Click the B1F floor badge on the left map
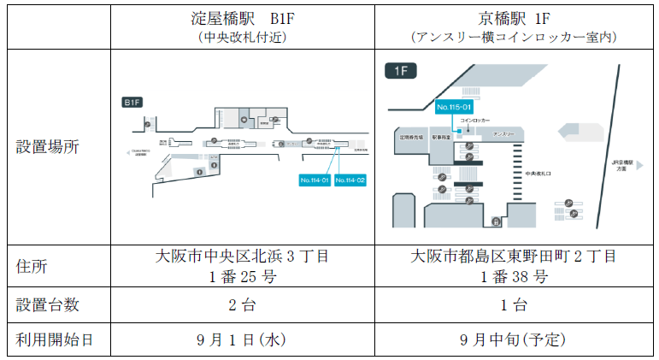pyautogui.click(x=132, y=103)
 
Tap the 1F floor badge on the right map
pyautogui.click(x=401, y=72)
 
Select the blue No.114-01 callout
pyautogui.click(x=315, y=180)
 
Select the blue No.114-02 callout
pyautogui.click(x=350, y=180)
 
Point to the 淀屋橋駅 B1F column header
pyautogui.click(x=242, y=20)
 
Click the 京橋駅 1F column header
pyautogui.click(x=514, y=20)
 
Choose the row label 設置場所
pyautogui.click(x=48, y=146)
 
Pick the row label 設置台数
pyautogui.click(x=48, y=304)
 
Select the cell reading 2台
pyautogui.click(x=242, y=304)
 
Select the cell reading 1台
pyautogui.click(x=514, y=304)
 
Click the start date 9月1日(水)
pyautogui.click(x=242, y=339)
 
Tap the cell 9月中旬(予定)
pyautogui.click(x=514, y=339)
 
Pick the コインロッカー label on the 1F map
pyautogui.click(x=475, y=121)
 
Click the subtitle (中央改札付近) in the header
pyautogui.click(x=242, y=37)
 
